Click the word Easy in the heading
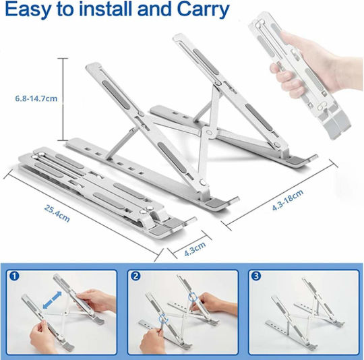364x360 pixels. click(x=27, y=9)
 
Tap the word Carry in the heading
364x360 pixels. click(x=203, y=9)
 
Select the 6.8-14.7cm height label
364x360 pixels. click(x=36, y=98)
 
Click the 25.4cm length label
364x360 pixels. click(x=57, y=214)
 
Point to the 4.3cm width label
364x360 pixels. click(x=195, y=249)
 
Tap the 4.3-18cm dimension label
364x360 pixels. click(x=288, y=200)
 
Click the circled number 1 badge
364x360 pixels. click(x=14, y=276)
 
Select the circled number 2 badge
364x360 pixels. click(x=135, y=276)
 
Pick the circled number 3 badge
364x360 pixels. click(x=256, y=276)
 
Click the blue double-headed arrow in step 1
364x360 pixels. click(x=53, y=301)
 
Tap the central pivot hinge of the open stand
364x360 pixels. click(x=209, y=133)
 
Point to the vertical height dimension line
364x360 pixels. click(x=63, y=99)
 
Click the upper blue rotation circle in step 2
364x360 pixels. click(x=193, y=297)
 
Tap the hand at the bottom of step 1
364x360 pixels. click(x=43, y=336)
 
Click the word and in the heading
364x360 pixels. click(x=155, y=9)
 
